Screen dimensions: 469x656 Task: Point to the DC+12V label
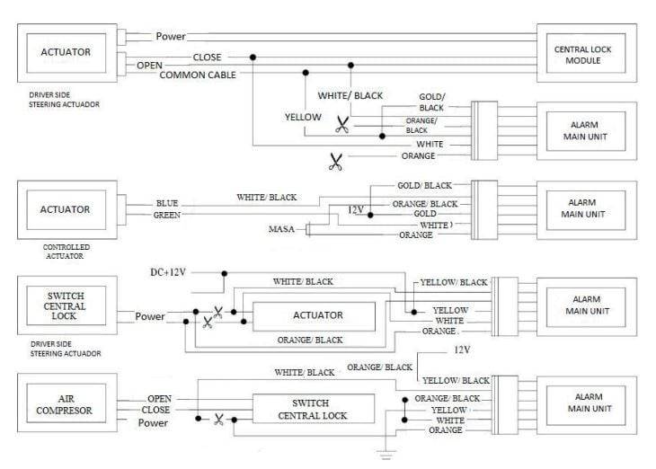click(168, 271)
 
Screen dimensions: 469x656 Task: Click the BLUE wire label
click(167, 203)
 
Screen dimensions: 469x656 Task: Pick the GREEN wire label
click(166, 216)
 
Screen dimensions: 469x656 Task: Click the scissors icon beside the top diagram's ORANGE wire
click(335, 163)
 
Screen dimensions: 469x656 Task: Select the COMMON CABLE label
click(198, 75)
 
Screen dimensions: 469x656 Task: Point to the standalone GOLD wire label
click(425, 215)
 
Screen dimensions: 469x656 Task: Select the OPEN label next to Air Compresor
click(160, 399)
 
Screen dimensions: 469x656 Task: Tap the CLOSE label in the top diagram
click(207, 58)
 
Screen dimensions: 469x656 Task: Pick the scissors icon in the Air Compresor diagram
click(218, 419)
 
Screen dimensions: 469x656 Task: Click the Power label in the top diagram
click(171, 37)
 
